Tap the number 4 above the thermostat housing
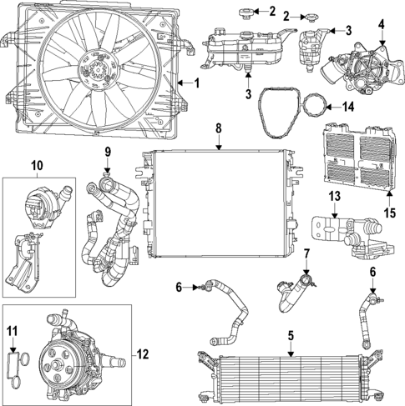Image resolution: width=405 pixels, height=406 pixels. click(382, 24)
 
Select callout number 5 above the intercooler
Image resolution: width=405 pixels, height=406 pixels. click(290, 337)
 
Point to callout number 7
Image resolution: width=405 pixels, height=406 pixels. click(306, 253)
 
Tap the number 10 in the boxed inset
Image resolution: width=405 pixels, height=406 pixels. click(37, 165)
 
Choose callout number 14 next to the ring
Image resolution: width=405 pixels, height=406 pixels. click(349, 106)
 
